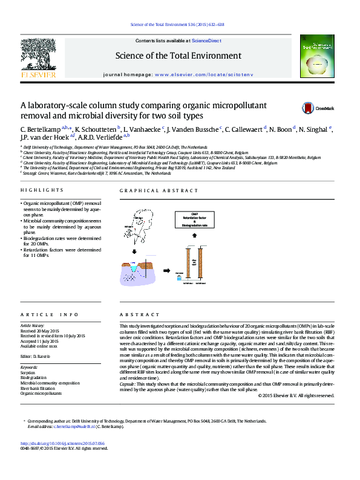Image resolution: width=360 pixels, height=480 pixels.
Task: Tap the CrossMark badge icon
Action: coord(309,108)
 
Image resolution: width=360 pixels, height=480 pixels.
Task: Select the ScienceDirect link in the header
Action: coord(206,41)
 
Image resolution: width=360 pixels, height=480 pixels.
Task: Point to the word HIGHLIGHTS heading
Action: coord(38,190)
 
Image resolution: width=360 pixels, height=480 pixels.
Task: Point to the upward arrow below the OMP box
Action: coord(195,237)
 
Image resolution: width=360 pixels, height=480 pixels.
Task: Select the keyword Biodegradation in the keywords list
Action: coord(33,378)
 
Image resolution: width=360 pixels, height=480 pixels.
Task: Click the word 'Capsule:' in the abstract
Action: coord(127,384)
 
